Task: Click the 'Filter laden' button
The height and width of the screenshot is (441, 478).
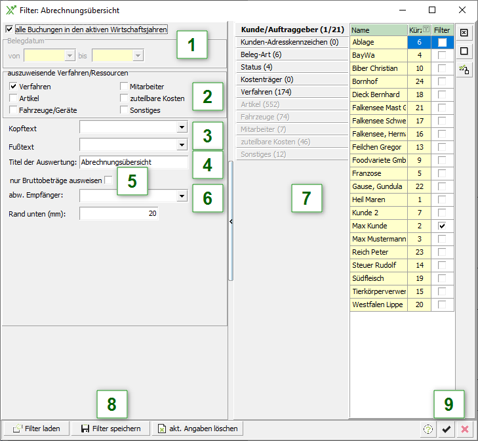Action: pos(36,429)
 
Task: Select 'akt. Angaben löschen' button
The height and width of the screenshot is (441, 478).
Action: pos(197,429)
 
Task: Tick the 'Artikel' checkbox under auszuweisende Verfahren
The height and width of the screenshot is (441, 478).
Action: pos(13,98)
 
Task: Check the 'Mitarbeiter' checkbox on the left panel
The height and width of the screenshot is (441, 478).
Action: pos(124,87)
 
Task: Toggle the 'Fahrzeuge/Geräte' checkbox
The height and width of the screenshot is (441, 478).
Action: pos(13,110)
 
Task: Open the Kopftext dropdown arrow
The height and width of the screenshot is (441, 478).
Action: pos(182,127)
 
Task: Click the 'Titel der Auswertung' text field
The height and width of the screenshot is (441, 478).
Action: pos(134,162)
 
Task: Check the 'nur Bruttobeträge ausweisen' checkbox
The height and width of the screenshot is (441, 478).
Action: pos(108,180)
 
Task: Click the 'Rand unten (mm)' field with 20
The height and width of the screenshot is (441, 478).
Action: pos(119,213)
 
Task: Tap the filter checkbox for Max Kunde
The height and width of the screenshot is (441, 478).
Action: pos(442,226)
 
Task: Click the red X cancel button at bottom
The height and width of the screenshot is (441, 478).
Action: pos(465,429)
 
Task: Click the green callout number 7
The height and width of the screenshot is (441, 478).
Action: pos(306,198)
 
